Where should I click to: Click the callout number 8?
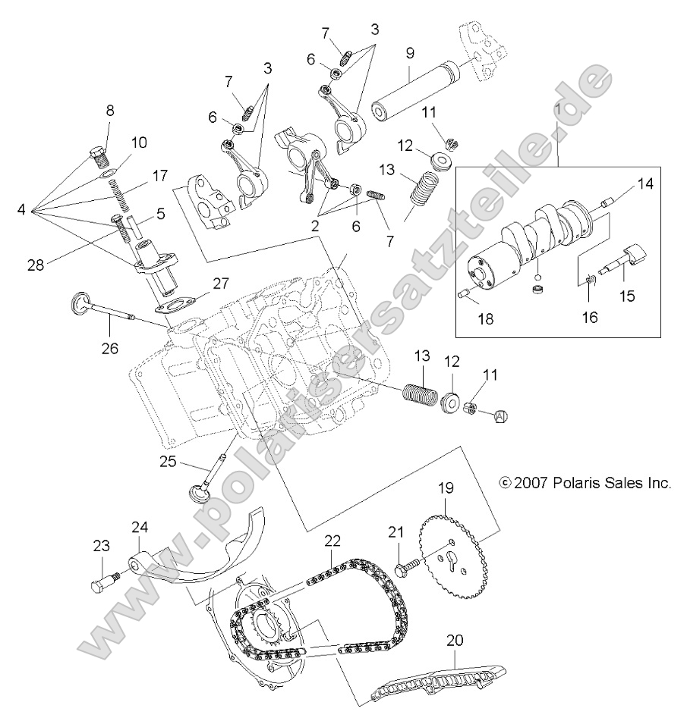click(110, 110)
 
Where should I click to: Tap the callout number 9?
click(409, 53)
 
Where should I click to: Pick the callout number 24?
click(139, 528)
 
